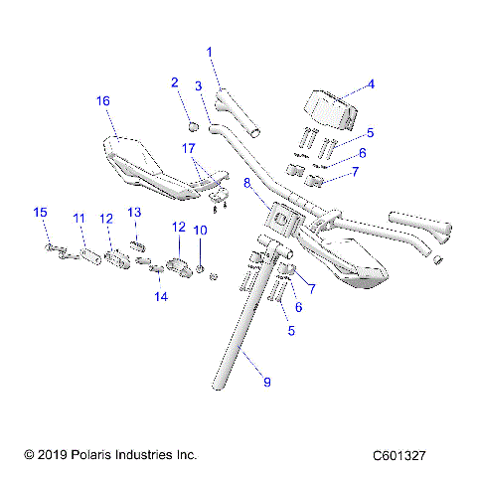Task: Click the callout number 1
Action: (210, 51)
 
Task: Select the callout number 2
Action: (174, 82)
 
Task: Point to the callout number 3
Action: (199, 87)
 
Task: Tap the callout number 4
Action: (371, 84)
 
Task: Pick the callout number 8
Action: (247, 183)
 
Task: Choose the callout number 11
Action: (79, 218)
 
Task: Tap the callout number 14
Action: (160, 296)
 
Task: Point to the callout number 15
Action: (40, 213)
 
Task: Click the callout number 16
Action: (102, 100)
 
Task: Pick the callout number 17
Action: (188, 148)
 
